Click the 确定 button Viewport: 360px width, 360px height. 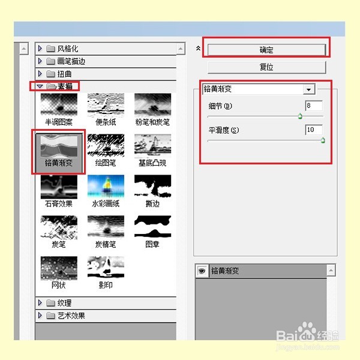[266, 50]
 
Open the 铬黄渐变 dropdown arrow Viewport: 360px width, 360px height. [309, 89]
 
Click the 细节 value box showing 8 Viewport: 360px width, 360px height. [313, 106]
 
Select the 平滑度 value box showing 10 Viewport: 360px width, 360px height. [313, 130]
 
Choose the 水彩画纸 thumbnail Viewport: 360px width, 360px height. [106, 187]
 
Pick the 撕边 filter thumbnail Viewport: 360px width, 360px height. [152, 187]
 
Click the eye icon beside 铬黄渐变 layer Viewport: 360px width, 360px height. [202, 271]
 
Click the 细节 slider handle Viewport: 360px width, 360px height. [299, 116]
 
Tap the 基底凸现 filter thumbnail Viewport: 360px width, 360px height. [152, 146]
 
